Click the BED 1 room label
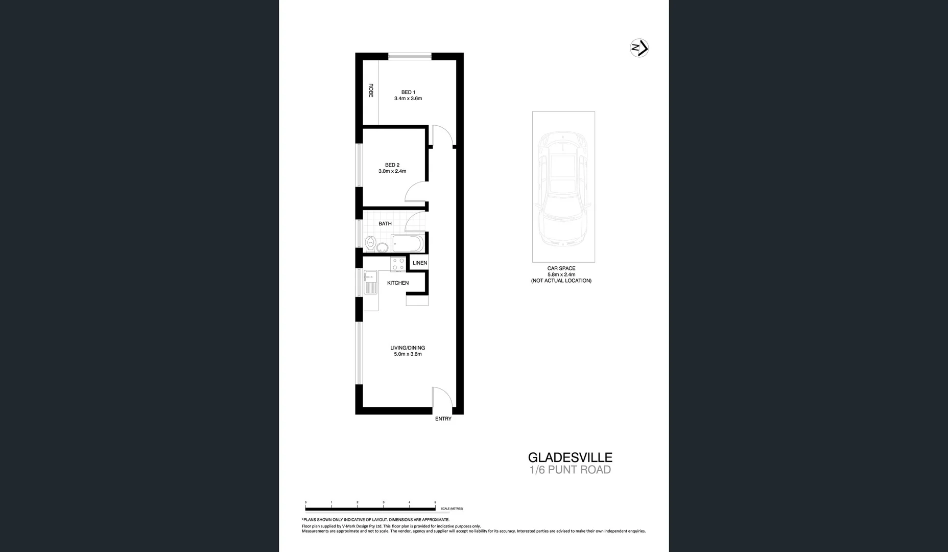(408, 93)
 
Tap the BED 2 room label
(392, 165)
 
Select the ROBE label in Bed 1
(371, 90)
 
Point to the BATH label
(385, 224)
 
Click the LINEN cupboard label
(420, 263)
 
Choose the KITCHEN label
(398, 283)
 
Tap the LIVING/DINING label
(408, 348)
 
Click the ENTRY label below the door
(443, 419)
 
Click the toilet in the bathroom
(371, 244)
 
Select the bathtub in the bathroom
(407, 243)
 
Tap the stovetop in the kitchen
(398, 264)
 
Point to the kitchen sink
(370, 283)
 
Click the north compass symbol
(639, 48)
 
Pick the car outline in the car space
(563, 187)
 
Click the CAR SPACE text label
(561, 268)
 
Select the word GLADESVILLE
(570, 457)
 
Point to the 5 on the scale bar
(435, 503)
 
